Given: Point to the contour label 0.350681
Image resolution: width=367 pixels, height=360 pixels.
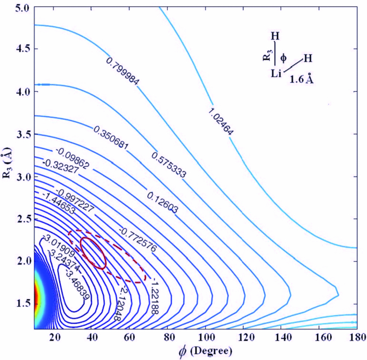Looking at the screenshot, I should [x=113, y=137].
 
